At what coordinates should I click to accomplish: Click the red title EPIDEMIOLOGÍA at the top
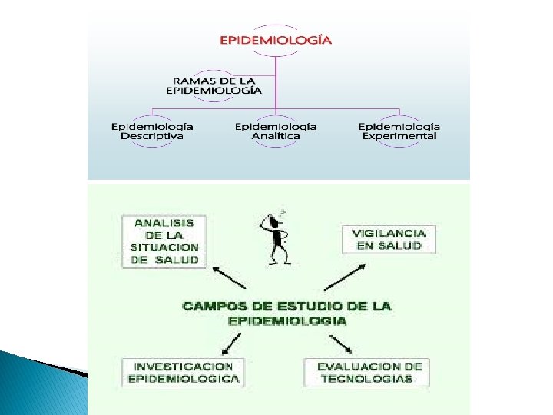276,40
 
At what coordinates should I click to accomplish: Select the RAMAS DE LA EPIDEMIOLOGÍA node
214,85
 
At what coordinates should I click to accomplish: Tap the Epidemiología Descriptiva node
152,131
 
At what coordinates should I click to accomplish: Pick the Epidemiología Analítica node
276,131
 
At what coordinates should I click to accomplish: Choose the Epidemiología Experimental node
399,131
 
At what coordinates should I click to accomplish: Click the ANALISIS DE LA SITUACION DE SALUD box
164,241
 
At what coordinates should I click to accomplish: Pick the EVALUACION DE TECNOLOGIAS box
367,372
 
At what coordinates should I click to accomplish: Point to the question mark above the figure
283,211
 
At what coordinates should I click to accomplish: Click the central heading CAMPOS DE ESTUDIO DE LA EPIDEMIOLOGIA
286,314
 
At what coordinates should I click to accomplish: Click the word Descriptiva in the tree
152,137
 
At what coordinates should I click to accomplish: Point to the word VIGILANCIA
388,232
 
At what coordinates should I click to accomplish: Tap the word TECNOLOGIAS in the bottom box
366,378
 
